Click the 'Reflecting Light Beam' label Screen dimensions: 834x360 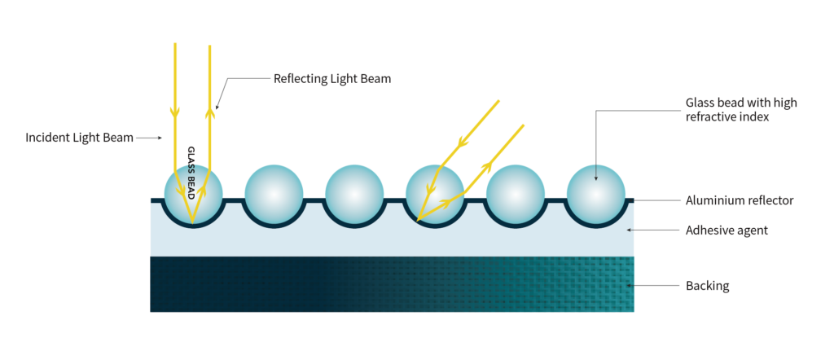(x=332, y=79)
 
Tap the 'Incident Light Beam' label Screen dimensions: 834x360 (x=79, y=138)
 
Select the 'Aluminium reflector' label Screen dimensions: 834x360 (x=740, y=200)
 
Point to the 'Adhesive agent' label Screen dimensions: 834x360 (x=726, y=230)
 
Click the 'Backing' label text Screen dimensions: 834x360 (x=708, y=286)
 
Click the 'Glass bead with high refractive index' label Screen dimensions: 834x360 (x=741, y=109)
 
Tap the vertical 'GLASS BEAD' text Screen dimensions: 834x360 (x=192, y=173)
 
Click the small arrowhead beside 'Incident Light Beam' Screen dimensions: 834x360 (x=159, y=138)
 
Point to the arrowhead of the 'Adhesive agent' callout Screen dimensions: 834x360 (x=630, y=230)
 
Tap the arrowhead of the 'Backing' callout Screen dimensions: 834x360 (x=630, y=286)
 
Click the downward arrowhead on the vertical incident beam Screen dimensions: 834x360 (x=174, y=112)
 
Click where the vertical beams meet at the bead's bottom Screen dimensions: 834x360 (x=192, y=222)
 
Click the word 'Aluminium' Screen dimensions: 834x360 (x=711, y=200)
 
